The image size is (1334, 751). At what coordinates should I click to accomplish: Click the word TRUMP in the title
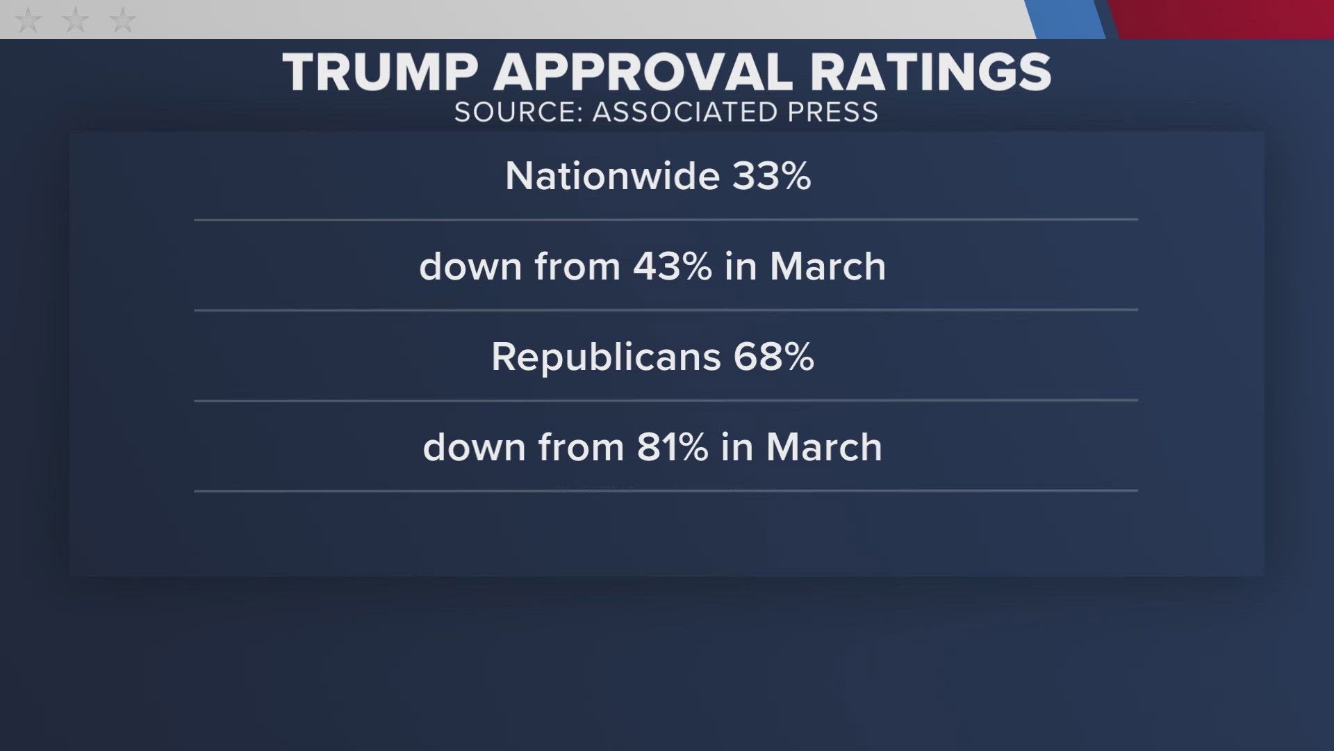(380, 72)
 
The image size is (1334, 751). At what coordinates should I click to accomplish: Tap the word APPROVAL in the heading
(643, 72)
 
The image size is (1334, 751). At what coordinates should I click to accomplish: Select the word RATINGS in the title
(930, 72)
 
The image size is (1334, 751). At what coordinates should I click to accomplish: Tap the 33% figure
(771, 176)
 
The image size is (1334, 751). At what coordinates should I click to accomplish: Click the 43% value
(672, 266)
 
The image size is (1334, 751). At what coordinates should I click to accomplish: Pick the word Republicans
(607, 357)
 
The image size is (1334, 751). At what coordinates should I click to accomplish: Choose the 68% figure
(773, 357)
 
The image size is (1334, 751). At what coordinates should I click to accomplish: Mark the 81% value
(672, 447)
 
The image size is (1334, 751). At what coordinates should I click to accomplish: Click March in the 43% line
(827, 266)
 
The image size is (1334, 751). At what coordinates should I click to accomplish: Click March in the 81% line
(824, 447)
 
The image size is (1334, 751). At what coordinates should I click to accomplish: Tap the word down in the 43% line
(470, 266)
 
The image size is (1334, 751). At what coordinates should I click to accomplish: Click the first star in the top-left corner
(28, 19)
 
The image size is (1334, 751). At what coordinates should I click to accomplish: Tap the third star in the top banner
(123, 19)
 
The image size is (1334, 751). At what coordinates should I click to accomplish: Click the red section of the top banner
(1223, 19)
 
